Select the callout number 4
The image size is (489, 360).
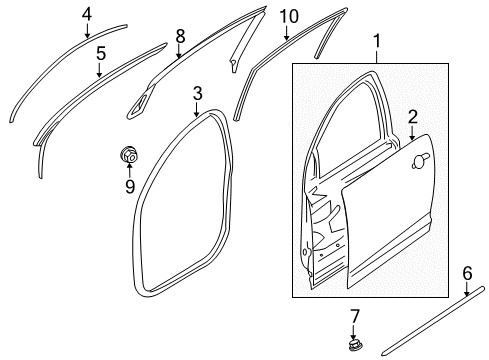(x=87, y=13)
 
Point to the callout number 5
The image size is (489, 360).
(x=100, y=55)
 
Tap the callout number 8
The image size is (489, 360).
(x=180, y=36)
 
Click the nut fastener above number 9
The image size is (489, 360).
(x=128, y=154)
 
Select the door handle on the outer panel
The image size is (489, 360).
(x=426, y=159)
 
